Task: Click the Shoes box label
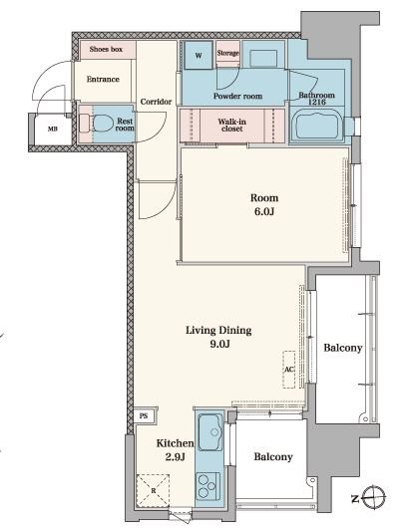click(x=106, y=49)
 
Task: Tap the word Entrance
click(x=103, y=80)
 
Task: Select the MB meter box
click(x=53, y=130)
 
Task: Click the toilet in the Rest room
click(x=99, y=123)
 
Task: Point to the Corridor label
click(x=156, y=102)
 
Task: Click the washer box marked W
click(x=199, y=55)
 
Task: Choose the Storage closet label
click(x=227, y=53)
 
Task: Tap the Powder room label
click(x=237, y=97)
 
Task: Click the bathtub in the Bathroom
click(x=317, y=124)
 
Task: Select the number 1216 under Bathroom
click(x=317, y=102)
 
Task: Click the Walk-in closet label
click(x=232, y=126)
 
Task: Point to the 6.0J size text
click(x=264, y=211)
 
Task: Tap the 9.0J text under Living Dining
click(x=219, y=344)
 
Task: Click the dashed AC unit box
click(x=289, y=370)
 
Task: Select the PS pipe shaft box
click(x=144, y=415)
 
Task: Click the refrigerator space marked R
click(x=153, y=490)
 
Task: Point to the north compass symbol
click(x=373, y=497)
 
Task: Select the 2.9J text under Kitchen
click(x=175, y=457)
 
